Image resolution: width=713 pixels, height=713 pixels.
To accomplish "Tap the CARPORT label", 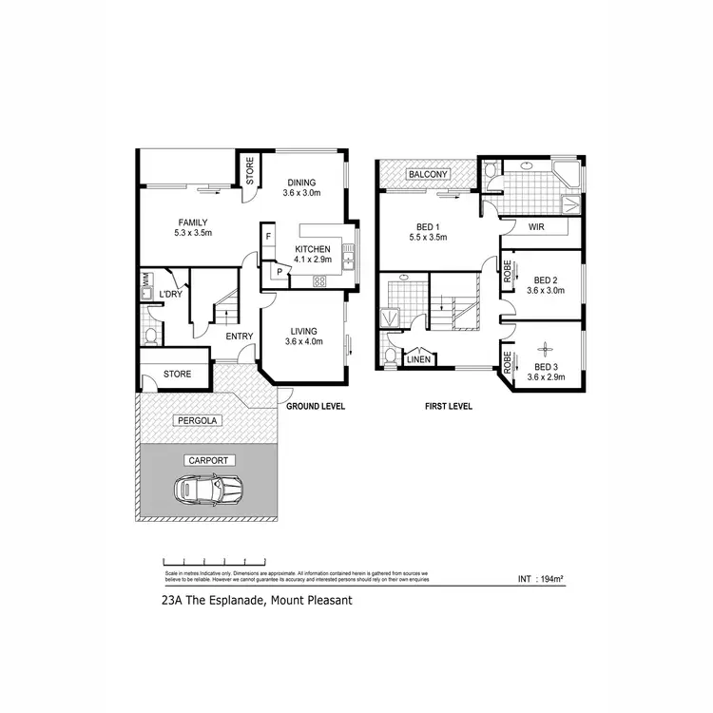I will pos(208,460).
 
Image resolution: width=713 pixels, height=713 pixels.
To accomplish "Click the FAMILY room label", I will pos(192,223).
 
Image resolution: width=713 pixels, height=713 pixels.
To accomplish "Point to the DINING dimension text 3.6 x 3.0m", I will pos(301,194).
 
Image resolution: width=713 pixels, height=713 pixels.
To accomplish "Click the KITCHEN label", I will pos(311,248).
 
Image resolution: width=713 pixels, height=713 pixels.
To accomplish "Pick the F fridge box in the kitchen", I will pos(269,236).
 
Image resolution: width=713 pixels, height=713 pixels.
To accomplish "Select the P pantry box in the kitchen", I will pos(279,272).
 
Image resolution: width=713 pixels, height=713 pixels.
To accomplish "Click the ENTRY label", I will pos(239,336).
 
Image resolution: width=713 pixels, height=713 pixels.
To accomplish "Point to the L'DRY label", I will pos(170,295).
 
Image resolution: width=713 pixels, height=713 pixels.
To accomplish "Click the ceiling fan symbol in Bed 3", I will pos(546,348).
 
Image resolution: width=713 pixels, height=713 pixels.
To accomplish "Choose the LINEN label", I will pos(419,359).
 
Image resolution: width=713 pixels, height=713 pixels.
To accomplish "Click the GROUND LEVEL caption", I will pos(316,406).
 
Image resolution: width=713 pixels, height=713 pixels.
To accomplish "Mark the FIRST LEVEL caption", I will pos(448,406).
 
